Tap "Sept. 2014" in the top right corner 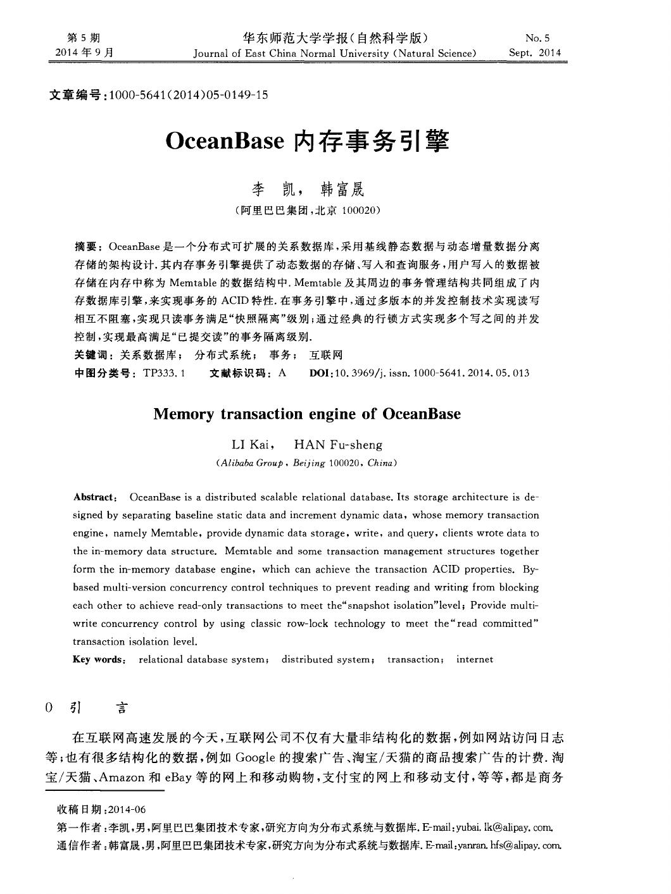click(535, 53)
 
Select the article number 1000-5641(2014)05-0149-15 click(189, 95)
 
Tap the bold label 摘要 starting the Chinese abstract click(85, 245)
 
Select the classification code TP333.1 click(164, 373)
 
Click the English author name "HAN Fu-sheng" click(339, 445)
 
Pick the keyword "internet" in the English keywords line click(474, 659)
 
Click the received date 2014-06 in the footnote click(127, 809)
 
